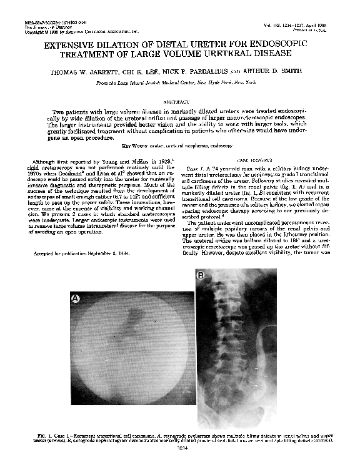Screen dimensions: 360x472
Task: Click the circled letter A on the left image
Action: tap(76, 299)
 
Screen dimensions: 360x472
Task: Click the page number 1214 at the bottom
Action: tap(180, 447)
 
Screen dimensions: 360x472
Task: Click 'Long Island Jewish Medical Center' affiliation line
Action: tap(180, 82)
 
